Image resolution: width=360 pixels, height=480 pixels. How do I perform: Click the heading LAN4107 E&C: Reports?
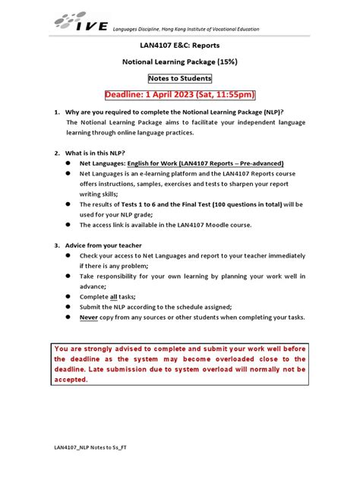pos(179,46)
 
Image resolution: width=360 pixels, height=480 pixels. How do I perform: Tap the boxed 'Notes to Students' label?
pos(179,78)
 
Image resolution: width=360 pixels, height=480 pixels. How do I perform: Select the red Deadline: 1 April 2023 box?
pos(179,95)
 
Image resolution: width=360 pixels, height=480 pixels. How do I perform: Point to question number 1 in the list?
pos(56,112)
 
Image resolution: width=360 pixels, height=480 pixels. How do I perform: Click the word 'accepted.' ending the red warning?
pos(71,380)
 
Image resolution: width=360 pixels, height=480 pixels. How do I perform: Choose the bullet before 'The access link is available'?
pos(68,225)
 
